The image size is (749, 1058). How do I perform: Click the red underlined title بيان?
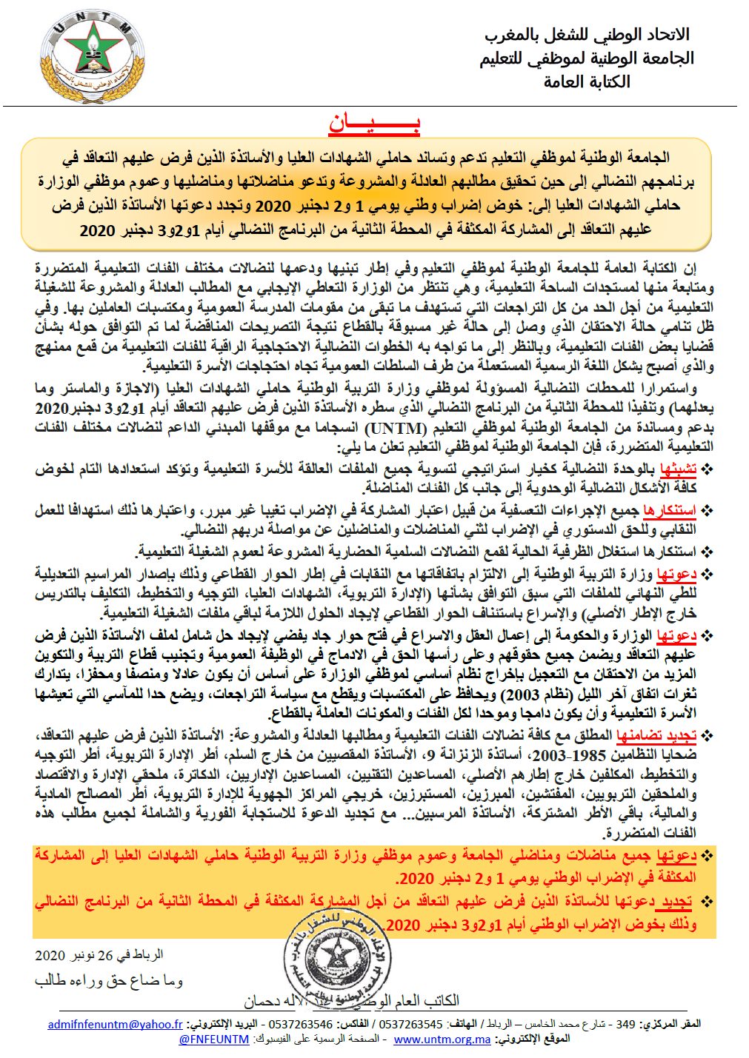[x=374, y=124]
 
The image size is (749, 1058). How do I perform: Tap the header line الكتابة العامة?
[x=587, y=81]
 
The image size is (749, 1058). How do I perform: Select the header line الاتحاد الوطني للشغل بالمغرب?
[x=587, y=34]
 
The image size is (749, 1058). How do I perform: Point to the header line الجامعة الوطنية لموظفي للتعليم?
[x=587, y=58]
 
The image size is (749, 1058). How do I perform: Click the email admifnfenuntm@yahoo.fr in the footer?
[x=115, y=1024]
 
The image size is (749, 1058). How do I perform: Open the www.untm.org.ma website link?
[x=442, y=1039]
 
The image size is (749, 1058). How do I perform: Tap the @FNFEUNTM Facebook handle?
[x=214, y=1039]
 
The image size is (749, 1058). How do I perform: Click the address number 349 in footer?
[x=626, y=1024]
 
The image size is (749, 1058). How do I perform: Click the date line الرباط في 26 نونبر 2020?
[x=99, y=955]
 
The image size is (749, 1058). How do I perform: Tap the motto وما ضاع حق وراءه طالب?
[x=108, y=981]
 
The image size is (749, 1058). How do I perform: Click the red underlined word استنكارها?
[x=670, y=510]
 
